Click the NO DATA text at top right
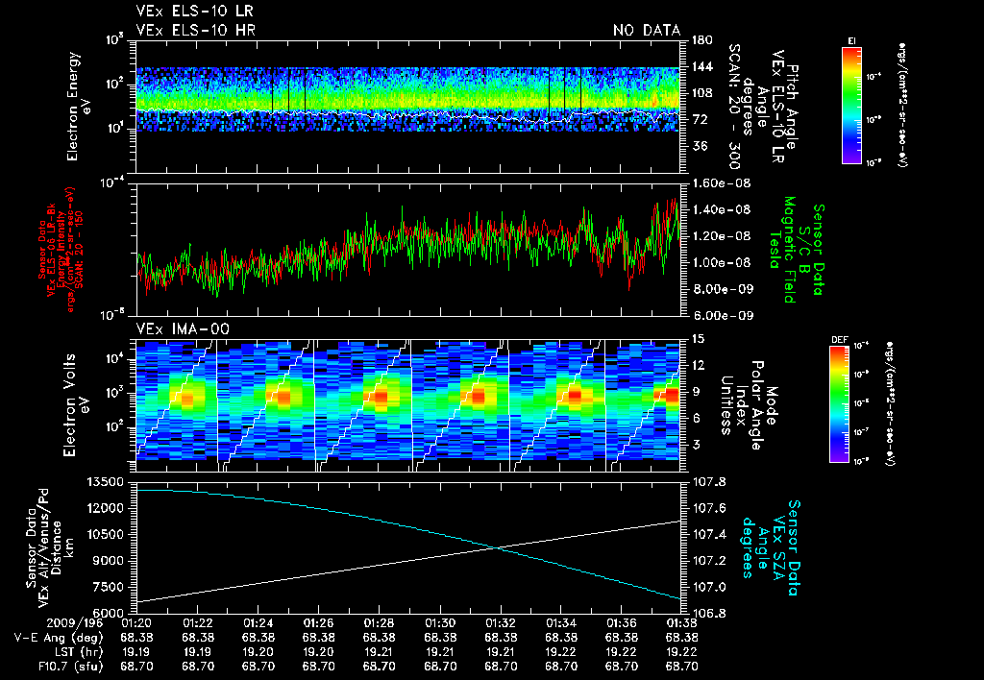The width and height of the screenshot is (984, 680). coord(646,30)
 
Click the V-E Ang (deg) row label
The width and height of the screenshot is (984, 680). coord(53,637)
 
